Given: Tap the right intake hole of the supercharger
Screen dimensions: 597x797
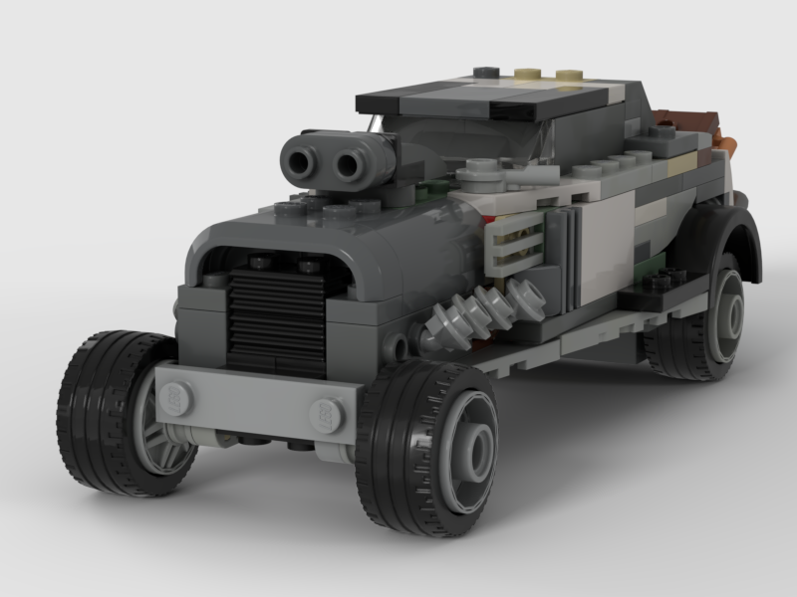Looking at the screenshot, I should click(348, 163).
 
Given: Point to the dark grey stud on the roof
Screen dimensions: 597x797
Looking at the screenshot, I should click(485, 73).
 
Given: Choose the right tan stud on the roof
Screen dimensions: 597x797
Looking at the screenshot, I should click(568, 76).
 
